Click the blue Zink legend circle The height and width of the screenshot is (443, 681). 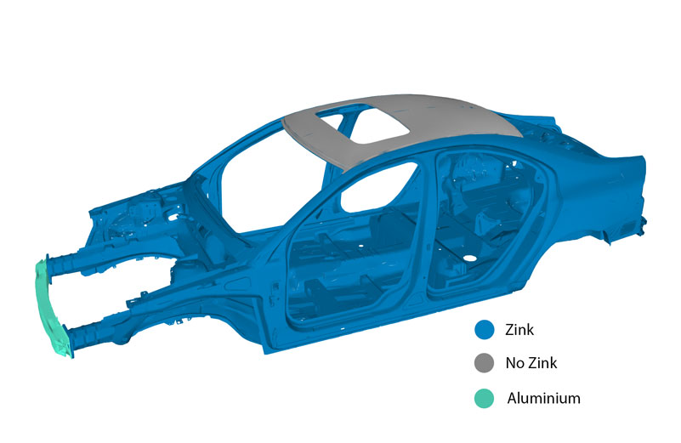(485, 330)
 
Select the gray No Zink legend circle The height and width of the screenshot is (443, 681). (485, 363)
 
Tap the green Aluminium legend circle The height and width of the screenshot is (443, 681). (485, 398)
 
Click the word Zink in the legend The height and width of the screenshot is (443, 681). (519, 330)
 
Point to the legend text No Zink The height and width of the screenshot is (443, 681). (531, 363)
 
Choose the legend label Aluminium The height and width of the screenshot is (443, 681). (544, 398)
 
